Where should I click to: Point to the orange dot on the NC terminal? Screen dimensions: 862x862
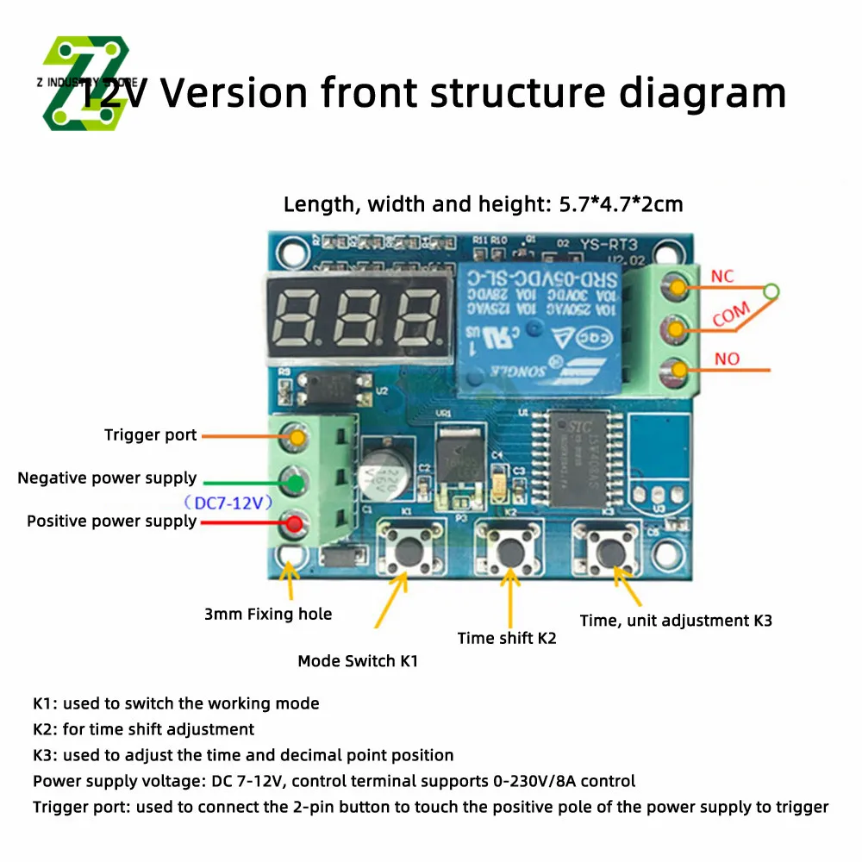click(x=679, y=286)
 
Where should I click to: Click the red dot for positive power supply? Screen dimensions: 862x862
click(x=294, y=522)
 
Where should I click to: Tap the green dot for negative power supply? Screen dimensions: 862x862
click(x=294, y=481)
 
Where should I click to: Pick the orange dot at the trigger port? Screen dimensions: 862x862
click(x=296, y=437)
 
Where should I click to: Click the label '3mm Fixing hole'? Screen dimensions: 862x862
click(x=268, y=615)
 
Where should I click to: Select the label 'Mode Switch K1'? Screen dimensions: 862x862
click(x=359, y=661)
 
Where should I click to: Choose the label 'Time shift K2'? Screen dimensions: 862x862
click(x=507, y=638)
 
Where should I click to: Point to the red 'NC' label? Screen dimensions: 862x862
click(x=722, y=277)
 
